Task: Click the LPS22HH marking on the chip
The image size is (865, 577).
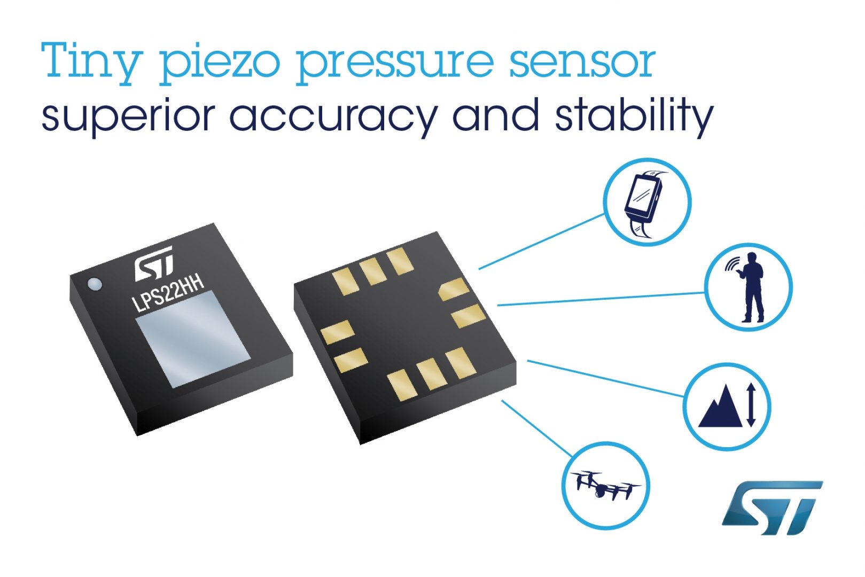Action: pyautogui.click(x=168, y=293)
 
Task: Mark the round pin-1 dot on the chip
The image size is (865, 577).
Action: pyautogui.click(x=95, y=284)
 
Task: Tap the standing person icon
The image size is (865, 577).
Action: pyautogui.click(x=751, y=287)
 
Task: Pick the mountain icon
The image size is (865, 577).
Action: pyautogui.click(x=720, y=408)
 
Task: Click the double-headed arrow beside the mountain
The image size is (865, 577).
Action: pyautogui.click(x=751, y=405)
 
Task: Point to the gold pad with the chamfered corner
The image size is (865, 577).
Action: pyautogui.click(x=453, y=288)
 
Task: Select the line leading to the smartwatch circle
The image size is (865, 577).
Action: pyautogui.click(x=542, y=241)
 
